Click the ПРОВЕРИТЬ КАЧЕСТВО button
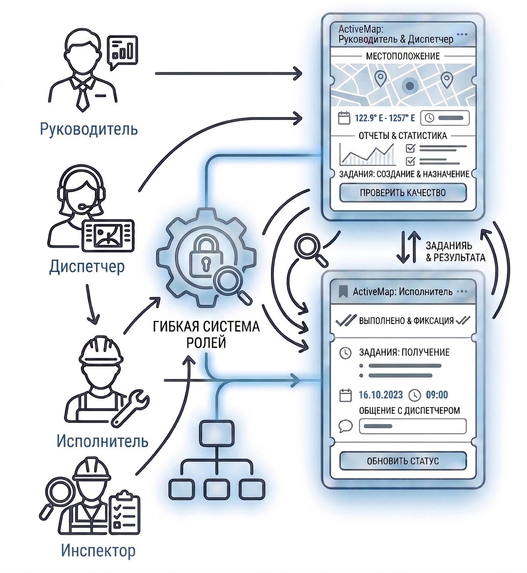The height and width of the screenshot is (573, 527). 403,192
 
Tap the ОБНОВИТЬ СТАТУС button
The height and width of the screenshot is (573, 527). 403,461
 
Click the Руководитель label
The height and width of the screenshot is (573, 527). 89,129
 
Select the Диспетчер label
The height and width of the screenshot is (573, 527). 87,266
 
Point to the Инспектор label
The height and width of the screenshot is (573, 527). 98,550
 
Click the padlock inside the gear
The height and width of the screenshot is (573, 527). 203,258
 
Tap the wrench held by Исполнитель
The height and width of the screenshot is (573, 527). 130,407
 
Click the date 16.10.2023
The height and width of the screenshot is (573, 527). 380,395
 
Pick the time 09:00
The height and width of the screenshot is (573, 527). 437,395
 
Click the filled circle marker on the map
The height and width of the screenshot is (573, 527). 410,86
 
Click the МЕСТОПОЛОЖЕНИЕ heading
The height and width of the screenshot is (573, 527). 403,56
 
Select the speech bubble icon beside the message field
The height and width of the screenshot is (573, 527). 346,426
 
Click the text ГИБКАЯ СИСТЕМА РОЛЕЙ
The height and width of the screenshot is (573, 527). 206,334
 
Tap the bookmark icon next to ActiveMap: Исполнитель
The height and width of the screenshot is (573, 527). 343,291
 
